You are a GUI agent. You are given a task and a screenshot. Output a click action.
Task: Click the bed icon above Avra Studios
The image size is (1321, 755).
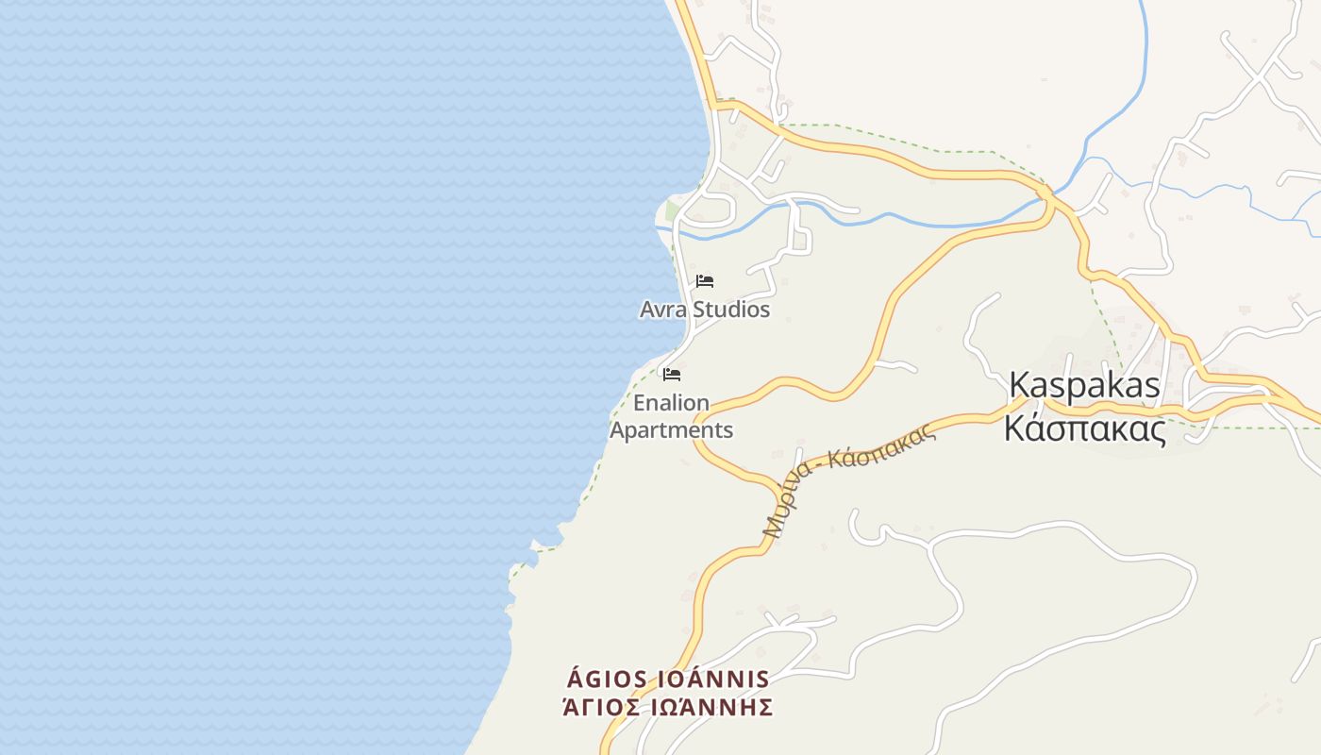coord(705,281)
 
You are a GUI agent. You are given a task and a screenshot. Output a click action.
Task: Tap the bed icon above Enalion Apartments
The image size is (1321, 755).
coord(672,375)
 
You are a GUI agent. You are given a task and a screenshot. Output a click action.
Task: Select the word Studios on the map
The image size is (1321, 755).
coord(731,310)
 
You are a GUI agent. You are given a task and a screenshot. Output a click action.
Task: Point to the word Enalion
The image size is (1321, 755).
coord(671,403)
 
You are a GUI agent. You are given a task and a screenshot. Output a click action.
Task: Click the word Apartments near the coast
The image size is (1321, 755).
coord(671,430)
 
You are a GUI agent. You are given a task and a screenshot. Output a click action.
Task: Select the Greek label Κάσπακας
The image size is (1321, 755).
coord(1084,429)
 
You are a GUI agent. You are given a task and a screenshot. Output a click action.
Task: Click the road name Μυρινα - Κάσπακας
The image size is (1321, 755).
coord(849,481)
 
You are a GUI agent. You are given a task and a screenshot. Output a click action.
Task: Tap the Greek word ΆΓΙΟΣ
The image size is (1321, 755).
coord(600,707)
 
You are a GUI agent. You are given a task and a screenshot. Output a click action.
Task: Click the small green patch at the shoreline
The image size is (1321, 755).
coord(672,211)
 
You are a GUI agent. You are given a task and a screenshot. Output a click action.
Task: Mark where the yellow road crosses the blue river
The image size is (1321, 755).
coord(1044,193)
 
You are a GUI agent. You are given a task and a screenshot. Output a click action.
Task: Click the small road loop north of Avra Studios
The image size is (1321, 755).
coord(714,209)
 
